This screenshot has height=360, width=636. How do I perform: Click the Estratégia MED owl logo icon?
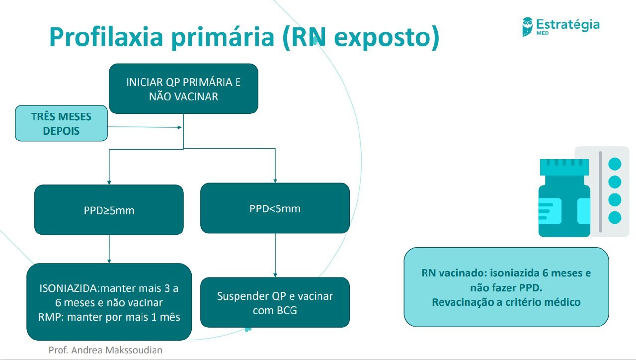click(x=527, y=26)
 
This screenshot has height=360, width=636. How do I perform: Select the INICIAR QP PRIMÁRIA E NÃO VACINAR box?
click(x=183, y=89)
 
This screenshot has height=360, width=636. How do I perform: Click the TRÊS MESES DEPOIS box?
click(x=61, y=123)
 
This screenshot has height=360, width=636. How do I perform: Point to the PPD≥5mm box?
click(x=109, y=210)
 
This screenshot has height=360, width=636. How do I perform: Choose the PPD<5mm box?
click(x=275, y=208)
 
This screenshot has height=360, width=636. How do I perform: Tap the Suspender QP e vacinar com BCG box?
click(x=275, y=302)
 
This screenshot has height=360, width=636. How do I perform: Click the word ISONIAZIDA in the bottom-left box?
click(x=69, y=288)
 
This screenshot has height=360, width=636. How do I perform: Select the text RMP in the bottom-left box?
click(x=48, y=317)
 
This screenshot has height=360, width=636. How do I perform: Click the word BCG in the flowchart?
click(x=289, y=310)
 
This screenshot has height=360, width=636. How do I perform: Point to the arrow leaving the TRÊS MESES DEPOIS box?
click(x=144, y=127)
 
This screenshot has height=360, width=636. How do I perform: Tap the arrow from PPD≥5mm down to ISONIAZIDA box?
click(x=109, y=249)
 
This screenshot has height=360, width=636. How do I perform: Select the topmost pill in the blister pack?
click(x=615, y=164)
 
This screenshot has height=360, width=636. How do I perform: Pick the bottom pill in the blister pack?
click(x=615, y=217)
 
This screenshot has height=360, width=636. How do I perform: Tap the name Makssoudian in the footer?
click(x=134, y=350)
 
